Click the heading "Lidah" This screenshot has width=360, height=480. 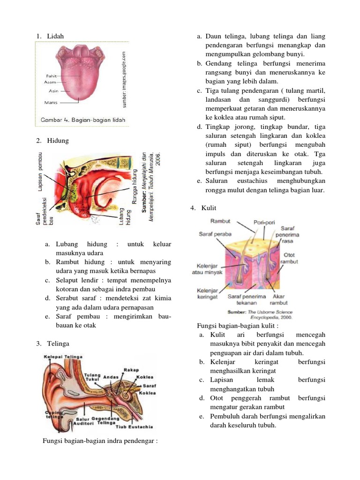tap(55, 36)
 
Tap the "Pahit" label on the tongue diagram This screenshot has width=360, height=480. tap(52, 75)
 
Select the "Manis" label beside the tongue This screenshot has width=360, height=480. tap(51, 102)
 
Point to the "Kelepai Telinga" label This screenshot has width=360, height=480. tap(63, 357)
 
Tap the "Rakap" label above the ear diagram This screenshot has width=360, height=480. tap(131, 370)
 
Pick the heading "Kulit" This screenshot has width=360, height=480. tap(209, 208)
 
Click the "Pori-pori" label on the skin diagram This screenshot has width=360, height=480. tap(264, 222)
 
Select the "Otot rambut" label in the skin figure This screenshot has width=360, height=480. tap(289, 258)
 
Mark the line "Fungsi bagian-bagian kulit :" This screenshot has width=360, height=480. tap(238, 325)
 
